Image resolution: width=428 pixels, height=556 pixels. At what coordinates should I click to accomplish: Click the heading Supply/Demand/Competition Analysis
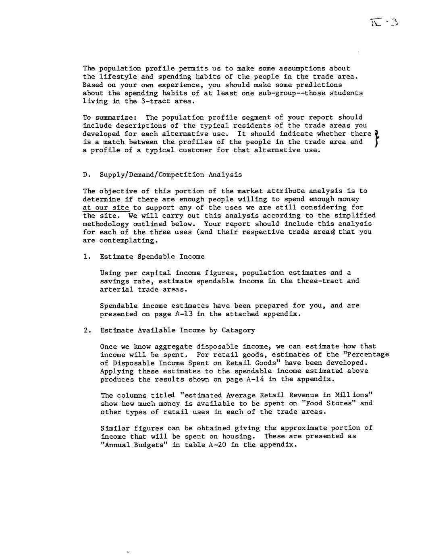pos(171,175)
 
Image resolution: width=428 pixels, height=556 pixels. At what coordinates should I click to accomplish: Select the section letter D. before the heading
pos(85,175)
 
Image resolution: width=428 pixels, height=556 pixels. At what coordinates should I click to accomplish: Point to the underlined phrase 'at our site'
pos(106,207)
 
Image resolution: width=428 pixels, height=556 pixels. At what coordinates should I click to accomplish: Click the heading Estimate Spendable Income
pos(152,257)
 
